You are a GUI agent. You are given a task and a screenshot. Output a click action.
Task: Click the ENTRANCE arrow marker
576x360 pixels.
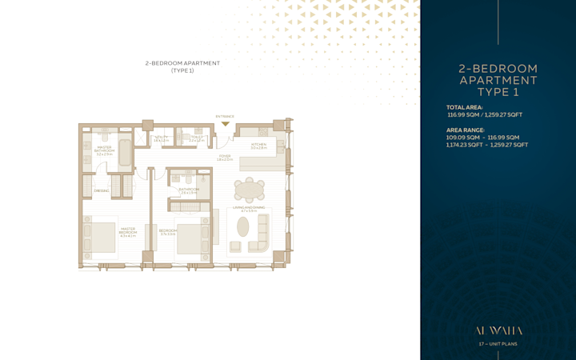(x=226, y=123)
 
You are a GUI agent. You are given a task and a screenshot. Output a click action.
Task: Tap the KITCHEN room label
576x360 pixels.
(x=258, y=146)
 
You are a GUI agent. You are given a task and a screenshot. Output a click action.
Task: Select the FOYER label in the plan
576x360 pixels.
(x=225, y=158)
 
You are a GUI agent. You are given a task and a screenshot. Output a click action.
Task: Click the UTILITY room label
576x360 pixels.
(x=161, y=138)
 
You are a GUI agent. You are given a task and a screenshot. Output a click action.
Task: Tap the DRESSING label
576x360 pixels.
(x=102, y=190)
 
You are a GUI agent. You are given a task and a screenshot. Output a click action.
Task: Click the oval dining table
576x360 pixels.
(x=249, y=190)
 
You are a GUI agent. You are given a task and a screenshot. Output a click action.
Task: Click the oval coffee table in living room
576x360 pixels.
(x=243, y=227)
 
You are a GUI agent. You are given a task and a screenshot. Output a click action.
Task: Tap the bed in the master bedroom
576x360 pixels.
(x=99, y=236)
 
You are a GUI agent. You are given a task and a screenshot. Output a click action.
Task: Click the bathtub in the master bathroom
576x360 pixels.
(x=125, y=150)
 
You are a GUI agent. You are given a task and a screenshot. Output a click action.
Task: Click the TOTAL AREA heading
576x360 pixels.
(x=465, y=106)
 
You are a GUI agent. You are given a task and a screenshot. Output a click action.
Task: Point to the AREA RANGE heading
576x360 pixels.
(x=466, y=130)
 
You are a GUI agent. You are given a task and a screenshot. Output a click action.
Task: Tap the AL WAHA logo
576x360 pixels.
(x=498, y=330)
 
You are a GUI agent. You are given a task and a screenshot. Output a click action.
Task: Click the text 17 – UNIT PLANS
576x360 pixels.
(x=498, y=344)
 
